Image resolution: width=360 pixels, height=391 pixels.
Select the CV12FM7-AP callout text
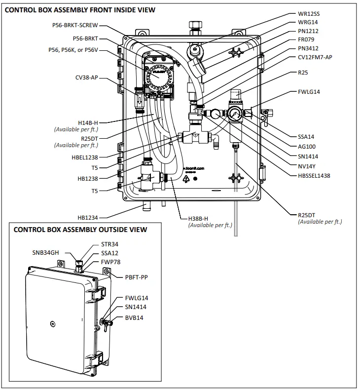(x=315, y=57)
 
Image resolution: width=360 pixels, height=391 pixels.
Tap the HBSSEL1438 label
(x=314, y=175)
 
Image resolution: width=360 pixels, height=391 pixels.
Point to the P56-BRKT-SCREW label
(x=74, y=26)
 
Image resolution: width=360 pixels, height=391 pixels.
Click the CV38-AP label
(x=86, y=78)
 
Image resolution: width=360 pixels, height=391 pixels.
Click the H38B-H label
(x=199, y=218)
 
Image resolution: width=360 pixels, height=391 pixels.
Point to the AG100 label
(x=307, y=147)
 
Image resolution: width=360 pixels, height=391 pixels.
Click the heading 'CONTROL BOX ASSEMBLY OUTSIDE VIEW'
(x=80, y=230)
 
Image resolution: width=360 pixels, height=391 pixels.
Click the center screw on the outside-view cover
(x=52, y=324)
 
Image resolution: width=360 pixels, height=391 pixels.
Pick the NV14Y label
(x=306, y=166)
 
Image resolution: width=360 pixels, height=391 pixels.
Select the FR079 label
(x=306, y=39)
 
